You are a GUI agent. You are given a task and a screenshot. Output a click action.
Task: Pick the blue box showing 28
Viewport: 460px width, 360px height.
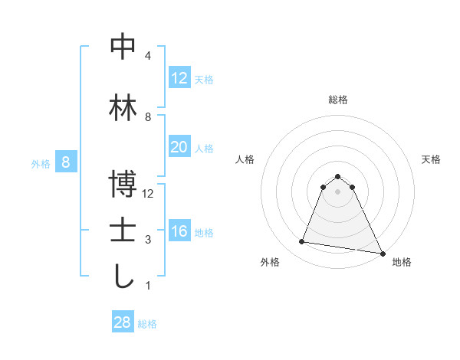pos(123,322)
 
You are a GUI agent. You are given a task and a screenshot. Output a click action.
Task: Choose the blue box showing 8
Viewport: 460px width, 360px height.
pos(66,162)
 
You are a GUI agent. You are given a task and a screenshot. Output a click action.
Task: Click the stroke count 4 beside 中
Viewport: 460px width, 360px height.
pos(148,56)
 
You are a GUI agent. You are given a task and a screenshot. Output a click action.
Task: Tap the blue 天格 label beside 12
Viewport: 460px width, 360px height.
pos(204,79)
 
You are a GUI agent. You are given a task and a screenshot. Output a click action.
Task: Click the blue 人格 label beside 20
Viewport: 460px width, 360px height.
pos(204,148)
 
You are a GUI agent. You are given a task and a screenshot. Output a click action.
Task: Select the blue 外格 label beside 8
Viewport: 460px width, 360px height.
pos(41,163)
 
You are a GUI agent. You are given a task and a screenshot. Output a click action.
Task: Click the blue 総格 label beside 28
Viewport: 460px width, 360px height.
pos(147,323)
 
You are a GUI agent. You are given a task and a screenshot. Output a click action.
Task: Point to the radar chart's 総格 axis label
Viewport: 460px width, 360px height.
pos(337,100)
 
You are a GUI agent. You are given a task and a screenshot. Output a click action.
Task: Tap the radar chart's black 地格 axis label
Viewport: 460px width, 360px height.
pos(402,262)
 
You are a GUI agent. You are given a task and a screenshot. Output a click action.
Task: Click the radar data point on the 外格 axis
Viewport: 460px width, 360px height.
pos(302,242)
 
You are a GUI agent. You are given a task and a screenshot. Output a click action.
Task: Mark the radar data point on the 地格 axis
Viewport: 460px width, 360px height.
pos(382,253)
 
